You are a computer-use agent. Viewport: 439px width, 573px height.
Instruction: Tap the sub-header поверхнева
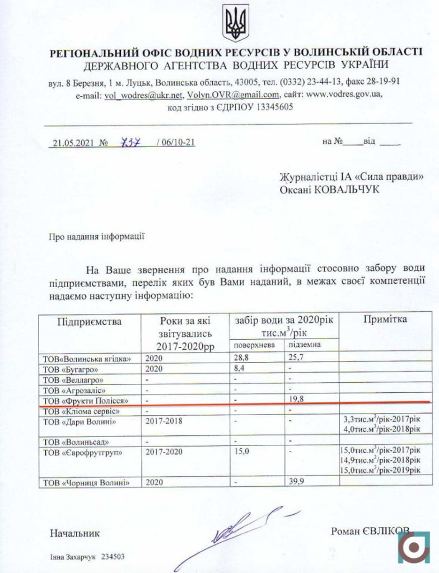[255, 345]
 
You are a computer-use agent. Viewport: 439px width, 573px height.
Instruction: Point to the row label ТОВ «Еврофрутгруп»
[82, 452]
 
